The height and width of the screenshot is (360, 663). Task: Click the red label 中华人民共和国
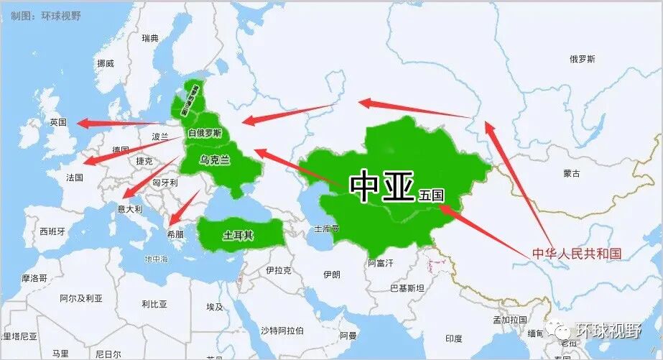[576, 254]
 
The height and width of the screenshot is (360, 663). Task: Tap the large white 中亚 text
[381, 186]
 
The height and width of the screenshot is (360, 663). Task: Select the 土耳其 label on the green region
[238, 235]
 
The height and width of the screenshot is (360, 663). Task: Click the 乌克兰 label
[214, 160]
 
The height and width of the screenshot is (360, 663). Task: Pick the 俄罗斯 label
[582, 59]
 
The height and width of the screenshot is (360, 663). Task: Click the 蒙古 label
[572, 173]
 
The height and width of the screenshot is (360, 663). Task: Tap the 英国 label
[58, 122]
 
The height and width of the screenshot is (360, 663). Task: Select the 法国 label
[74, 177]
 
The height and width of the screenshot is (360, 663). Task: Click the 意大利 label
[130, 209]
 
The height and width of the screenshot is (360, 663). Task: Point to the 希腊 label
[175, 234]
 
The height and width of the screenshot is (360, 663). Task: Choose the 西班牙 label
[52, 231]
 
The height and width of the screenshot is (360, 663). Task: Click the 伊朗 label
[332, 274]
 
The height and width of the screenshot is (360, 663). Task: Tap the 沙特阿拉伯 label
[282, 331]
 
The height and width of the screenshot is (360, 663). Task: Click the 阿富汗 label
[381, 263]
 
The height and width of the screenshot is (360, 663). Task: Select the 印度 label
[454, 338]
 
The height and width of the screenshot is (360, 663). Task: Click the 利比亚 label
[154, 304]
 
